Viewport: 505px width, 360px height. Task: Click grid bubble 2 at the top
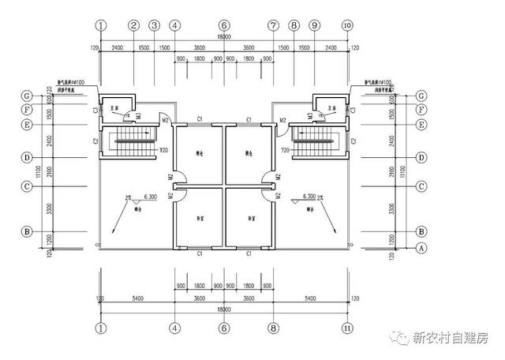pos(134,25)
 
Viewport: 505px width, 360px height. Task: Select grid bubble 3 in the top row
pos(155,25)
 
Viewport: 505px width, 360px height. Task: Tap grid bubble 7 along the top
pos(273,25)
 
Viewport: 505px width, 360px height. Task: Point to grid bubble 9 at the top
pos(314,25)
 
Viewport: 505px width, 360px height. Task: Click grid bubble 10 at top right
pos(347,25)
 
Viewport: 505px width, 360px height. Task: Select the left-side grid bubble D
pos(27,157)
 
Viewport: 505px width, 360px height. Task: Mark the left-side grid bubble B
pos(27,232)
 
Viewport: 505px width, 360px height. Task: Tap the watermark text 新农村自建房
pos(451,337)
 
